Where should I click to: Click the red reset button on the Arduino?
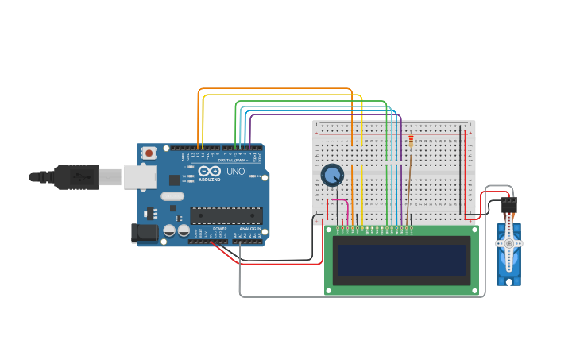click(x=149, y=153)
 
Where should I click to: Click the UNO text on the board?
click(x=236, y=171)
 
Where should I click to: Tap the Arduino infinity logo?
click(x=211, y=171)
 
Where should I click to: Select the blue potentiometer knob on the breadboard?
click(x=331, y=175)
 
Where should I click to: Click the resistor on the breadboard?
click(x=411, y=141)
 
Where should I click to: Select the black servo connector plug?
click(x=508, y=204)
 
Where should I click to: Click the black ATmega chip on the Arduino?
click(x=226, y=215)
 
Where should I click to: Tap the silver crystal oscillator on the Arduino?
click(x=172, y=195)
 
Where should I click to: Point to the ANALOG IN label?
click(x=248, y=228)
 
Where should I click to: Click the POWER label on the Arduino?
click(x=220, y=228)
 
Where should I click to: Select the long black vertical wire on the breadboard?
click(x=460, y=171)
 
